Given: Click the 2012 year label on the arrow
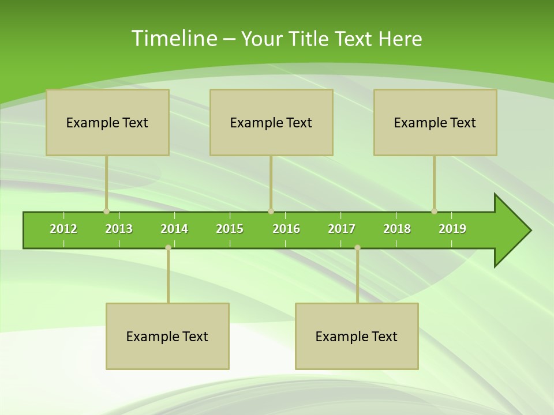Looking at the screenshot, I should coord(63,229).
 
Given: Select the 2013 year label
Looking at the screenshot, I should coord(119,229).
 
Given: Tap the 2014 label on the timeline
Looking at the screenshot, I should coord(174,229).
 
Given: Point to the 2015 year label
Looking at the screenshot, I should coord(230,229).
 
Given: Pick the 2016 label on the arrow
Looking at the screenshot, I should coord(286,229).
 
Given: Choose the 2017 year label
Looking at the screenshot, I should coord(342,229).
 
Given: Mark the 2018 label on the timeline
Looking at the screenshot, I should coord(397,229).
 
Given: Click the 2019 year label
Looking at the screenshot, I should coord(452,229).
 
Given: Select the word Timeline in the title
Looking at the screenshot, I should coord(174,39).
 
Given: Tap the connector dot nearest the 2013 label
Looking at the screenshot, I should coord(106,212).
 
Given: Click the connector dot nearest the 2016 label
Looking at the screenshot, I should coord(271,212).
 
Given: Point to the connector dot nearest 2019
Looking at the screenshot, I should coord(434,212).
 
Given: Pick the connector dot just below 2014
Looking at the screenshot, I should coord(168,247).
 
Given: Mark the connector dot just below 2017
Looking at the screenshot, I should coord(357,247).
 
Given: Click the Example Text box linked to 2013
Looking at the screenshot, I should coord(107,122).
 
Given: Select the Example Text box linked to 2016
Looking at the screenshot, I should coord(271,122).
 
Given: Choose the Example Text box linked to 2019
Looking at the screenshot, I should coord(435,122).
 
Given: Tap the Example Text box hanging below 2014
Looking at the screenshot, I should coord(167,336).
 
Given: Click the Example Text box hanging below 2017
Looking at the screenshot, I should coord(357,336).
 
